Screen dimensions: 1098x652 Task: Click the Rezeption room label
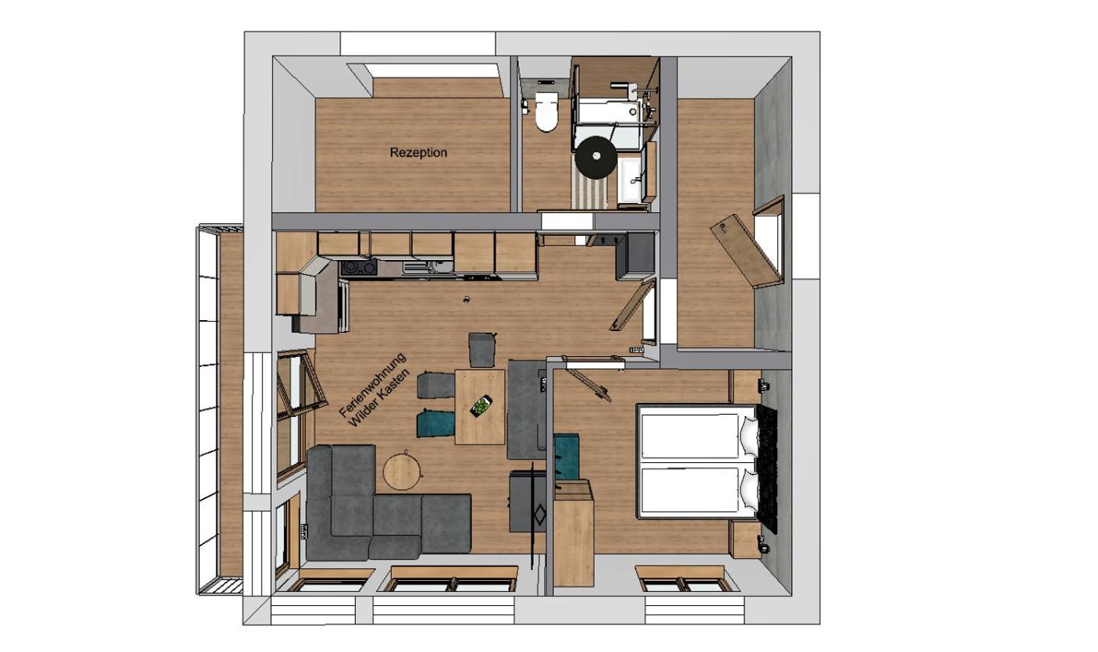point(418,152)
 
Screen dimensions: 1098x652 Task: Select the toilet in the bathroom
point(546,111)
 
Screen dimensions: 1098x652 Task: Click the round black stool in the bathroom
point(596,156)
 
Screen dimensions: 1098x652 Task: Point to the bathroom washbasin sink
point(632,180)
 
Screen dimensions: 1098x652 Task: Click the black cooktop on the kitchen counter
point(359,267)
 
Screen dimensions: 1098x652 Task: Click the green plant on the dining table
point(481,406)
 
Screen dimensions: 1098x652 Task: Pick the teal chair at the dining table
point(435,424)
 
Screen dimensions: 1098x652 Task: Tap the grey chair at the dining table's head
point(481,350)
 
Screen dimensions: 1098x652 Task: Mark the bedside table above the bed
point(747,387)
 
